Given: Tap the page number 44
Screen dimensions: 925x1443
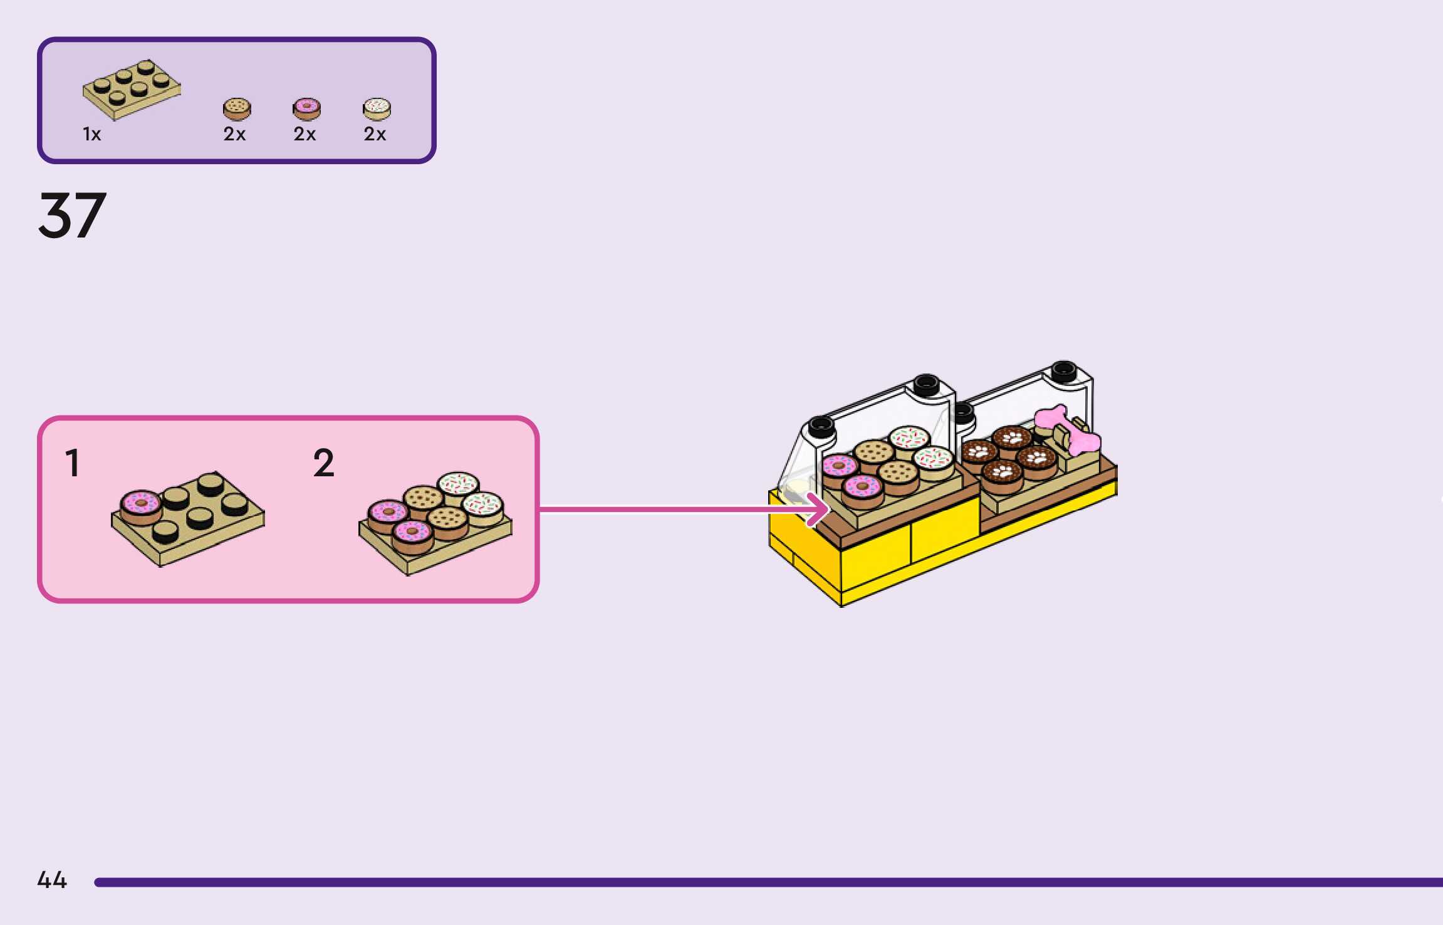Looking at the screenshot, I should tap(52, 880).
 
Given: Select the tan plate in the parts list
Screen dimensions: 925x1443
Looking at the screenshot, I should tap(132, 90).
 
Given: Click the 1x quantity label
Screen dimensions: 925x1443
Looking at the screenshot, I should tap(91, 134).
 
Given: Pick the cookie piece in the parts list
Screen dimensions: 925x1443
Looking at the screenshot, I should tap(237, 109).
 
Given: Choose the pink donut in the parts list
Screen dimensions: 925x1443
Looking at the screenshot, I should tap(306, 109).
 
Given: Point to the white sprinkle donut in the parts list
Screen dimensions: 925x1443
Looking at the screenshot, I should tap(377, 109).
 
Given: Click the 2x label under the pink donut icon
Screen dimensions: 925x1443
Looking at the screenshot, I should tap(305, 134).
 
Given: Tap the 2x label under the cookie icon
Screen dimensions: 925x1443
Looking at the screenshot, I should tap(234, 134).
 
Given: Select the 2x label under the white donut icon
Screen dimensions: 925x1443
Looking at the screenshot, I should tap(375, 134).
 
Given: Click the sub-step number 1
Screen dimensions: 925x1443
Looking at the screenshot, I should tap(73, 463).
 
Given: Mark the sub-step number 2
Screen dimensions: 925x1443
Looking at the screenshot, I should tap(323, 463).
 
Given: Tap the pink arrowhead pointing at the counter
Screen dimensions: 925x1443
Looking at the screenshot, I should tap(819, 509).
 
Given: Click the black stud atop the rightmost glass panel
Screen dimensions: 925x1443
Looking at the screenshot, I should tap(1063, 371).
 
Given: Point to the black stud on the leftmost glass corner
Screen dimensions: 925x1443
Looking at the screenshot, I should tap(820, 426).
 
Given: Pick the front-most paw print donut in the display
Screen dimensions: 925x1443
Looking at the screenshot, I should tap(1003, 474).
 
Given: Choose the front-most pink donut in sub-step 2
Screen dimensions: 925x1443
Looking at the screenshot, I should tap(412, 535).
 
